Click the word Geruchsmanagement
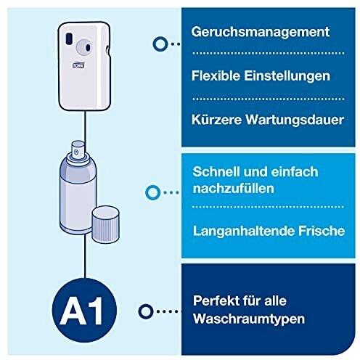coord(257,33)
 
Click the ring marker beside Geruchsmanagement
coord(157,44)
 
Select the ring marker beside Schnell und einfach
coord(153,192)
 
